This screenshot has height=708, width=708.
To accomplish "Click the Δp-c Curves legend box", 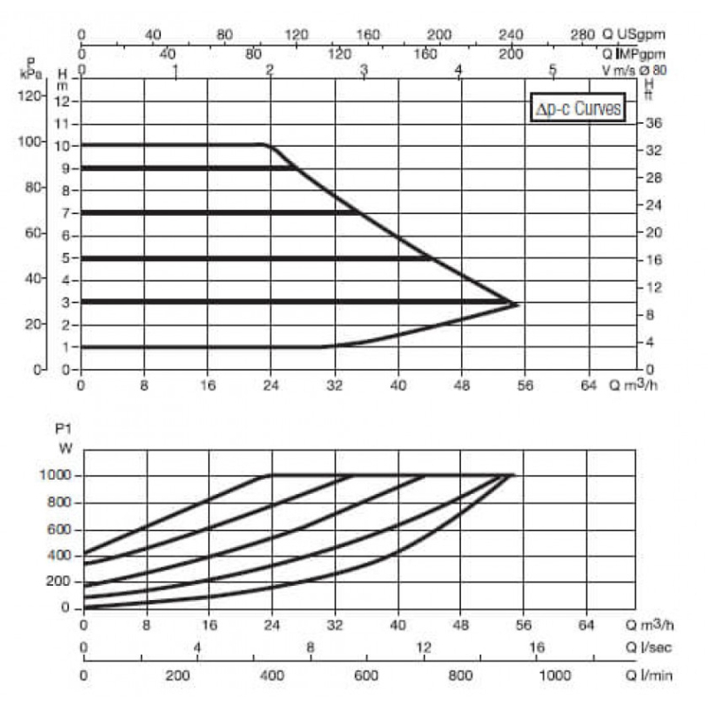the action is pos(578,107).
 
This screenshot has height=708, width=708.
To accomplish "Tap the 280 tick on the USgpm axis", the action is pos(582,35).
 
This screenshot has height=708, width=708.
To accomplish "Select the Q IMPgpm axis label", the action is pos(634,54).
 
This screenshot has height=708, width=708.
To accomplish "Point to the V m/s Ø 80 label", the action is pos(634,70).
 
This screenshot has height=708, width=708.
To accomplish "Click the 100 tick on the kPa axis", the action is pos(30,142).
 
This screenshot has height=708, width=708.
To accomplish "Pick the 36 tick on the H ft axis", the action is pos(653,123).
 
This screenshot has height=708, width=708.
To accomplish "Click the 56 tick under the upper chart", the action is pos(525,385).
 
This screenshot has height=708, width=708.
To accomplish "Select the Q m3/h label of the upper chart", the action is pos(633,384).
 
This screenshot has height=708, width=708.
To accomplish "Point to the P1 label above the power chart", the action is pos(63,428).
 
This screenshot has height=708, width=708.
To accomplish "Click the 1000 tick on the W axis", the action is pos(55,475).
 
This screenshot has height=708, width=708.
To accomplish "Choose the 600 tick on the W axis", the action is pos(58,528).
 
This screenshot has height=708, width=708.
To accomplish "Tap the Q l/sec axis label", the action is pos(649,648).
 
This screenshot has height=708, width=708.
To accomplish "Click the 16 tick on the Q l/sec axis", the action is pos(536,648).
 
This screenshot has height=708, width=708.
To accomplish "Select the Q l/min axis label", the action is pos(649,675).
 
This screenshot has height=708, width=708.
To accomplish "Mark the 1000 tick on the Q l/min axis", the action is pos(555,675).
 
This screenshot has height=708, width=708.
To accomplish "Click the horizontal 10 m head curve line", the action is pos(173,145).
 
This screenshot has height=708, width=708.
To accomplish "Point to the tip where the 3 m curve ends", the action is pos(519,305).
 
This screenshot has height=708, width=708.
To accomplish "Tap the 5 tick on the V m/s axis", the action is pos(552,70).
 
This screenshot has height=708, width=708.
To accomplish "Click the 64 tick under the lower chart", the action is pos(586,625).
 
